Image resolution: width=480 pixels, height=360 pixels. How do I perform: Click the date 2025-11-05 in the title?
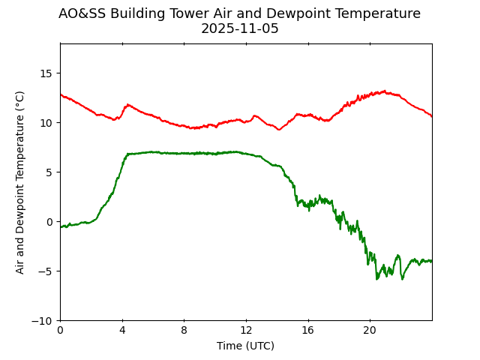(239, 29)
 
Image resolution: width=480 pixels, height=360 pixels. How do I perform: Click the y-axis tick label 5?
(50, 172)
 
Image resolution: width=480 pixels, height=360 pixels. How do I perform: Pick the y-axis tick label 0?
(50, 222)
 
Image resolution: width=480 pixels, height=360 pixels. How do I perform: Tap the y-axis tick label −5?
(47, 271)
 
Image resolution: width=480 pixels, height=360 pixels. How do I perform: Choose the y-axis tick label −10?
(44, 321)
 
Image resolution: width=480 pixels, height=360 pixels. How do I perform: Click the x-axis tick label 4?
(122, 330)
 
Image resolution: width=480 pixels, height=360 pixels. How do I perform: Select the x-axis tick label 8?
(184, 330)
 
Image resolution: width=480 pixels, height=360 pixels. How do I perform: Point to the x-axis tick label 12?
(246, 330)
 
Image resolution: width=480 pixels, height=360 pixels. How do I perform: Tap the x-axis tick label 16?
(307, 330)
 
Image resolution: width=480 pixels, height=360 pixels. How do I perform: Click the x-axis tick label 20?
(370, 330)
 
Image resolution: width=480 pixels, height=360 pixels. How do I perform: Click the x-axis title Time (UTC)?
(245, 346)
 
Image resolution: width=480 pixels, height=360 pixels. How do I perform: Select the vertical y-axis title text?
(20, 182)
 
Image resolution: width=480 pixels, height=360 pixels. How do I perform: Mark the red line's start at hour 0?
(61, 94)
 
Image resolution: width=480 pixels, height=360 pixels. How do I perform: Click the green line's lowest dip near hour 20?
(377, 279)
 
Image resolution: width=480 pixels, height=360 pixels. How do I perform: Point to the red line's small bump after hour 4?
(128, 105)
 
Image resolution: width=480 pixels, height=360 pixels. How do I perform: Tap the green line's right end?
(431, 261)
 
